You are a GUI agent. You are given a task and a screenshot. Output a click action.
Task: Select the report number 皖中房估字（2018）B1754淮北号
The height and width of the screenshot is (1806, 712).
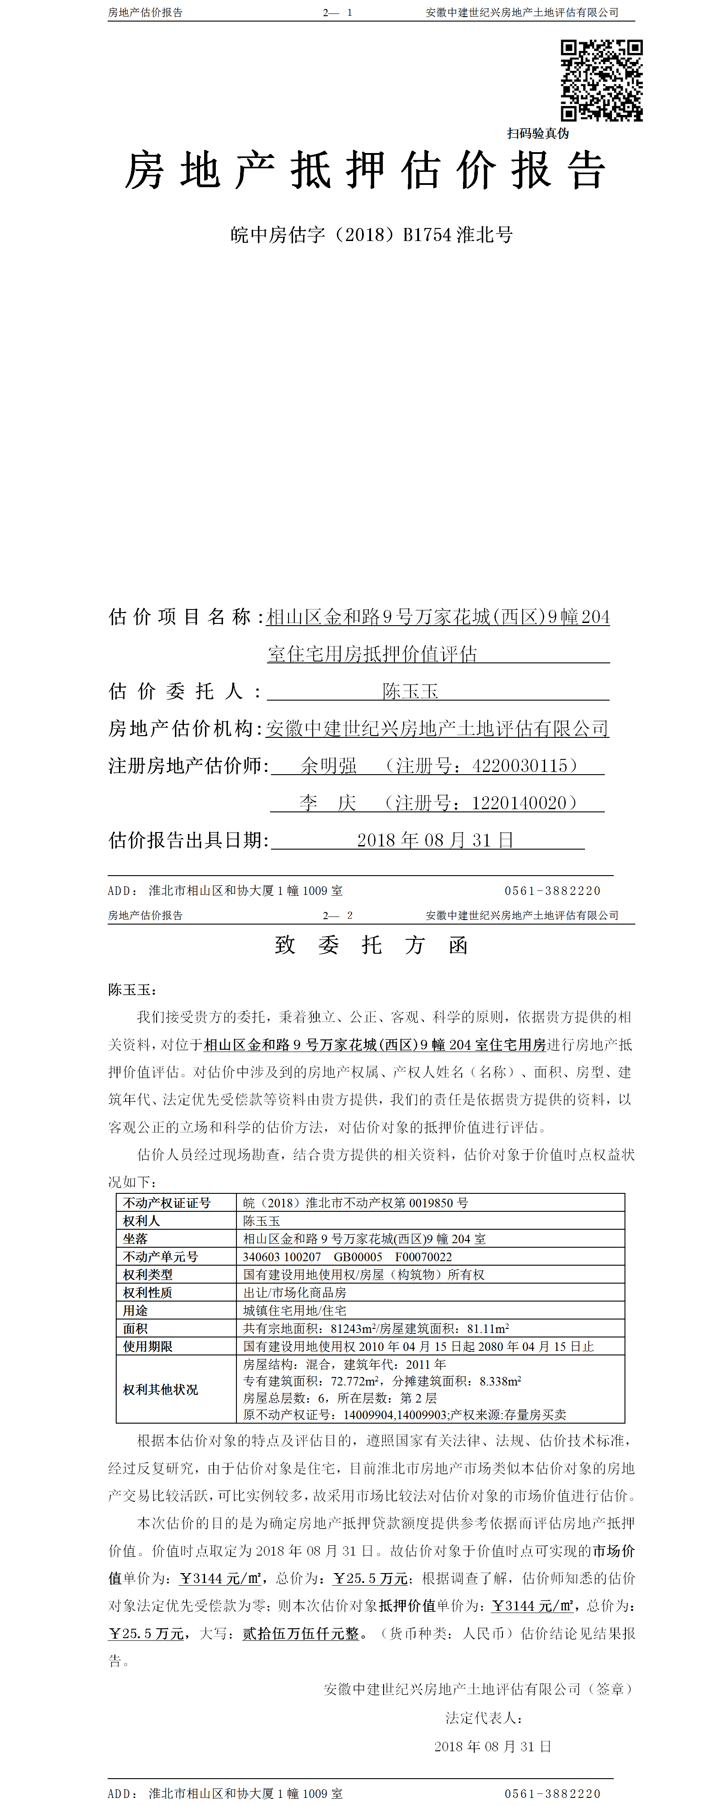(x=371, y=234)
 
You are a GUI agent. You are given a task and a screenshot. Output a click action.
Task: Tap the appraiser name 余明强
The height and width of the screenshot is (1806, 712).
(x=329, y=766)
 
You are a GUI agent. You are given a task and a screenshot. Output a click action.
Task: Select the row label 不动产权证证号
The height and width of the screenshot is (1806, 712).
(x=167, y=1203)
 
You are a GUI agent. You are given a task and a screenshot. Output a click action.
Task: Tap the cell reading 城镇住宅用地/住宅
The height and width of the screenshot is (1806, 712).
(x=294, y=1311)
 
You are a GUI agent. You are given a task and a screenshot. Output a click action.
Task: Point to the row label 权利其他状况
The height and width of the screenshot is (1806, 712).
(x=161, y=1390)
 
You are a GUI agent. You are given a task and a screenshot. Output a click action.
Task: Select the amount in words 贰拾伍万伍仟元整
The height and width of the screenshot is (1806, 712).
(x=301, y=1634)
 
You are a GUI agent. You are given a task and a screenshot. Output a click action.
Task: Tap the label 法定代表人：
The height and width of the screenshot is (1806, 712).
(x=484, y=1718)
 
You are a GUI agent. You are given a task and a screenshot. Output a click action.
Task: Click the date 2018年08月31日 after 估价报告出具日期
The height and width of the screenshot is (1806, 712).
(x=434, y=840)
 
